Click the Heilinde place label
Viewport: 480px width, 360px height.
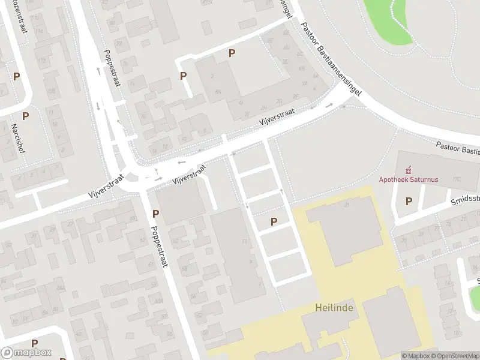334,308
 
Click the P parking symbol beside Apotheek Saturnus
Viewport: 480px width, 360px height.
409,202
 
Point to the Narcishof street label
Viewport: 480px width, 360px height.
17,138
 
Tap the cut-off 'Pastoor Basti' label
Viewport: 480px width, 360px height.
457,148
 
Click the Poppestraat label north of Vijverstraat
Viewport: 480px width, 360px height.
112,68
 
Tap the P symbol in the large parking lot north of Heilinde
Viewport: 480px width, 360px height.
274,221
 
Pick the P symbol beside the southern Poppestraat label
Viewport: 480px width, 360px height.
155,213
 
